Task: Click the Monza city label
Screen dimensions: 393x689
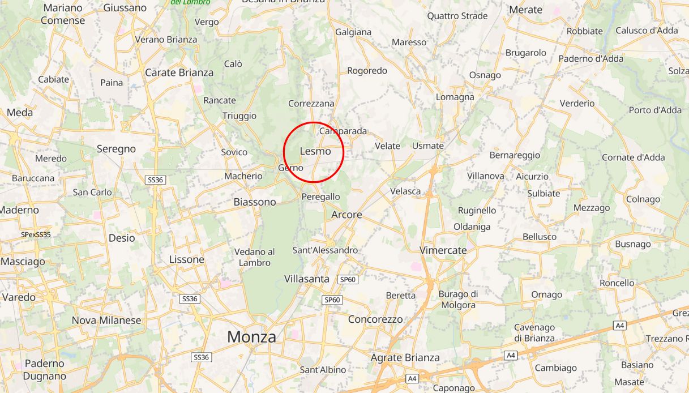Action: click(x=251, y=337)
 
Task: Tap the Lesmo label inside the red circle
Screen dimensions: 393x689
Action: click(x=315, y=151)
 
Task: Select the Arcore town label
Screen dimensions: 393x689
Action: click(x=346, y=215)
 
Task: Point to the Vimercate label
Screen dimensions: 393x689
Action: click(x=443, y=250)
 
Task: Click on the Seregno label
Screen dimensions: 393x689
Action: click(x=116, y=149)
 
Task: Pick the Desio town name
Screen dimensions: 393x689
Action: click(x=122, y=238)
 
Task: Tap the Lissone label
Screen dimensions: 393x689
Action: click(x=187, y=259)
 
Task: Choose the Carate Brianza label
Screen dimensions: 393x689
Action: click(x=179, y=72)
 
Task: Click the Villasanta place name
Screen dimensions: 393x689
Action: click(x=307, y=279)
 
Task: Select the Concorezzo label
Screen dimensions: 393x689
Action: click(x=375, y=319)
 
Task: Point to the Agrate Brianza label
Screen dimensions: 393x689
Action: click(x=405, y=357)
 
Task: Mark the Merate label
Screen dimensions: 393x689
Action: click(x=525, y=10)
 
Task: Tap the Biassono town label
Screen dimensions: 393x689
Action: click(x=255, y=202)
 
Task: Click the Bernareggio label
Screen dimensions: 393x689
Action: click(x=515, y=155)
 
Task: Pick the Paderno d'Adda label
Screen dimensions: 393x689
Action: click(x=591, y=58)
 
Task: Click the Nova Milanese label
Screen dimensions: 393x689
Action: click(x=106, y=321)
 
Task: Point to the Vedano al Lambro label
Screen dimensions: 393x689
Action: click(x=255, y=257)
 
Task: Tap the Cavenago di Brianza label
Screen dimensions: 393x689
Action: click(x=534, y=333)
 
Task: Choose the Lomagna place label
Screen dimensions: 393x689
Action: click(x=455, y=97)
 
